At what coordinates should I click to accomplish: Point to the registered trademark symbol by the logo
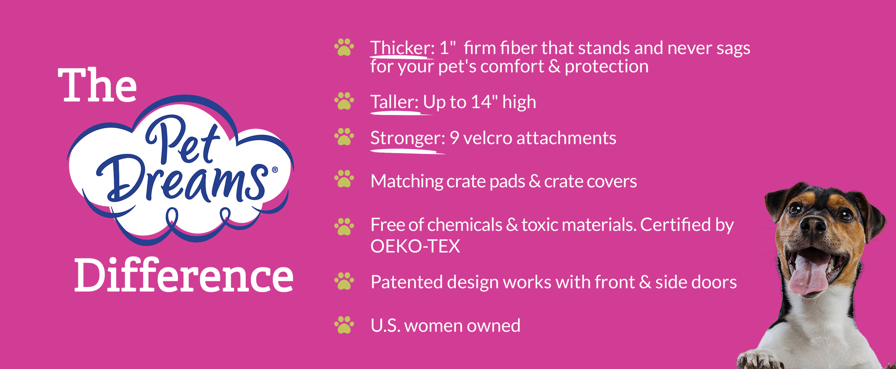click(x=275, y=170)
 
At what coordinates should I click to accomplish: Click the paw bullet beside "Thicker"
click(x=344, y=47)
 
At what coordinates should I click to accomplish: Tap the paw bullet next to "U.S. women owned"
click(x=344, y=325)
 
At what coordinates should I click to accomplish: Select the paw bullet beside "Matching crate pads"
click(x=344, y=179)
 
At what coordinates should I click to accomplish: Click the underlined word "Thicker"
click(x=400, y=48)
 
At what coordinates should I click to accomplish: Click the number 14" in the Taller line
click(x=484, y=102)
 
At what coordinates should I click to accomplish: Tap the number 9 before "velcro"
click(x=455, y=138)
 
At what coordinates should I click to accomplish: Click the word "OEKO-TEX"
click(x=415, y=246)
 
